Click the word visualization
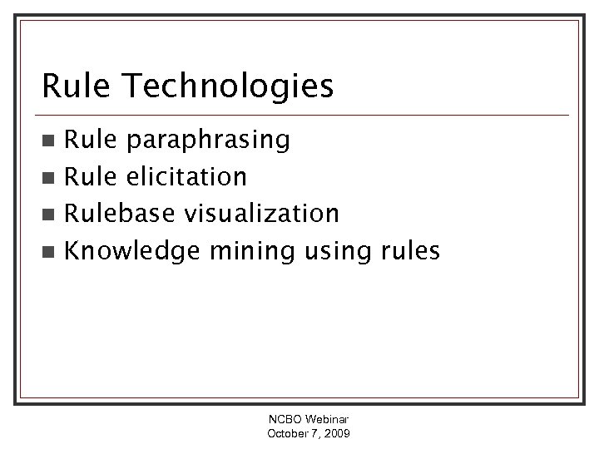(x=261, y=213)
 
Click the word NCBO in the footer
(x=280, y=422)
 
